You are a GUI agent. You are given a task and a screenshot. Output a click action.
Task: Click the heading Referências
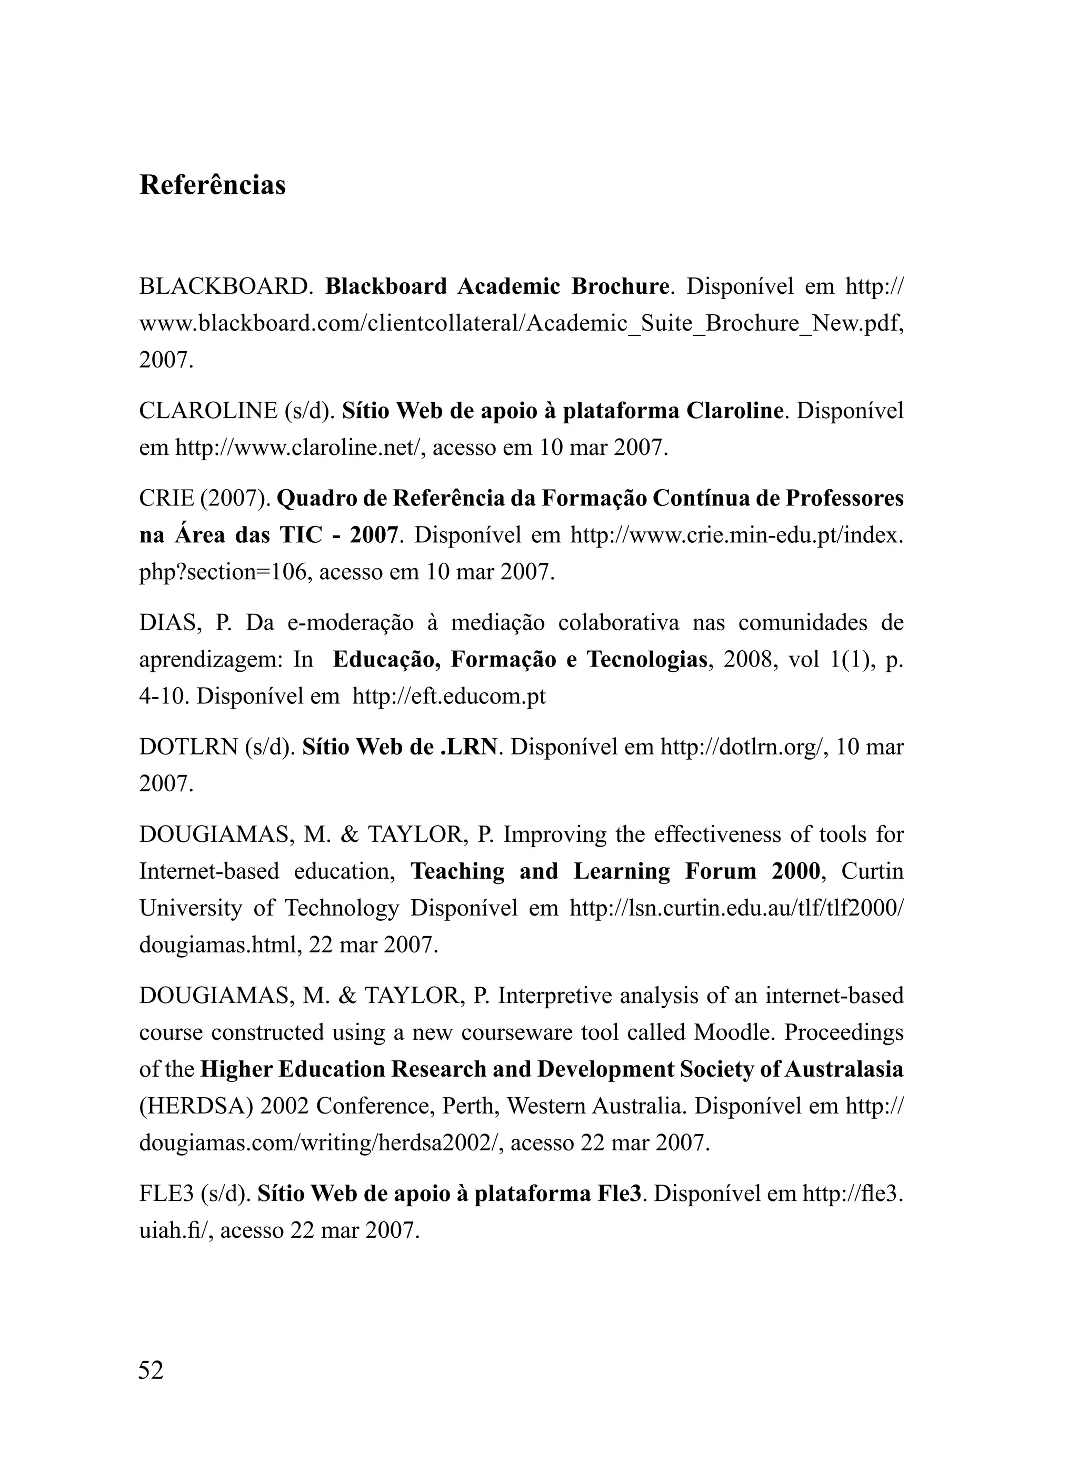point(212,185)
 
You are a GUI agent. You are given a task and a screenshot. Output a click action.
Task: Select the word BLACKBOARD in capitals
point(222,286)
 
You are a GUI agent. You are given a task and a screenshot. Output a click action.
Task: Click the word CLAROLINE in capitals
point(208,411)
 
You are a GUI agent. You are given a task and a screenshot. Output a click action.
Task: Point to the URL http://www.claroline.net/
point(297,448)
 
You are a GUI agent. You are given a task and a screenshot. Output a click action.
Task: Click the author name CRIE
point(166,499)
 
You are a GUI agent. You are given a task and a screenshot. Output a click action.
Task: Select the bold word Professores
point(844,499)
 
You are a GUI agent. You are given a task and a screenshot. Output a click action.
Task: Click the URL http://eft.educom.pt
point(449,696)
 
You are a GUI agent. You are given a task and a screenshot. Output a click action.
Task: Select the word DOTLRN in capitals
point(188,747)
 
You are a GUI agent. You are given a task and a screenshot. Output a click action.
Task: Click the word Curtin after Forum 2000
point(872,871)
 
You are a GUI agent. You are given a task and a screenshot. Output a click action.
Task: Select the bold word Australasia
point(844,1069)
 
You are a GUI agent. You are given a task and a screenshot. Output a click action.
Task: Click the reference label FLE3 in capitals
point(166,1194)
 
